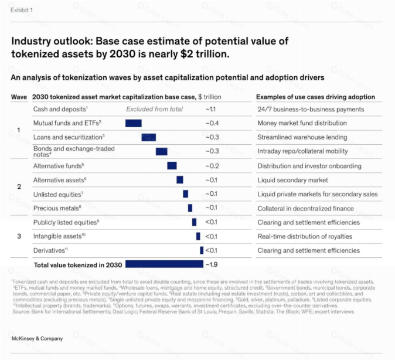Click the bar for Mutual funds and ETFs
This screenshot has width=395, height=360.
134,123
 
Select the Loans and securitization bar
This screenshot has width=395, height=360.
149,137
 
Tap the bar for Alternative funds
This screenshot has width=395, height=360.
172,165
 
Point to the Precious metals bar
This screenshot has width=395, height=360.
190,208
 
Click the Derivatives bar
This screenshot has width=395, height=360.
202,250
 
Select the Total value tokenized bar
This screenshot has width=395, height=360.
164,264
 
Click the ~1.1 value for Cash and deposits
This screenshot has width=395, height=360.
210,109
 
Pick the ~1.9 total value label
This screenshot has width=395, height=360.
212,264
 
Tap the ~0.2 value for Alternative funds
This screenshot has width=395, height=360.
212,166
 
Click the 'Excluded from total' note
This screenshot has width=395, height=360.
154,109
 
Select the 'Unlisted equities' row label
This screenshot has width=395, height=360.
58,195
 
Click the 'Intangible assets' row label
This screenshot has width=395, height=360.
59,236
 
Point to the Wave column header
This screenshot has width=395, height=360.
19,97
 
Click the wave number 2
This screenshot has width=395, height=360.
19,186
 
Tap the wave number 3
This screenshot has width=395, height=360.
19,236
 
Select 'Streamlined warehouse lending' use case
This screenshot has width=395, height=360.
302,137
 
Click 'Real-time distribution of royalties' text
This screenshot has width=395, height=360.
305,236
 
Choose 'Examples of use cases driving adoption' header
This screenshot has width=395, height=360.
316,97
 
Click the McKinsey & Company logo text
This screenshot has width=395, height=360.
37,338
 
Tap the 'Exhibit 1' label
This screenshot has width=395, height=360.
22,10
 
